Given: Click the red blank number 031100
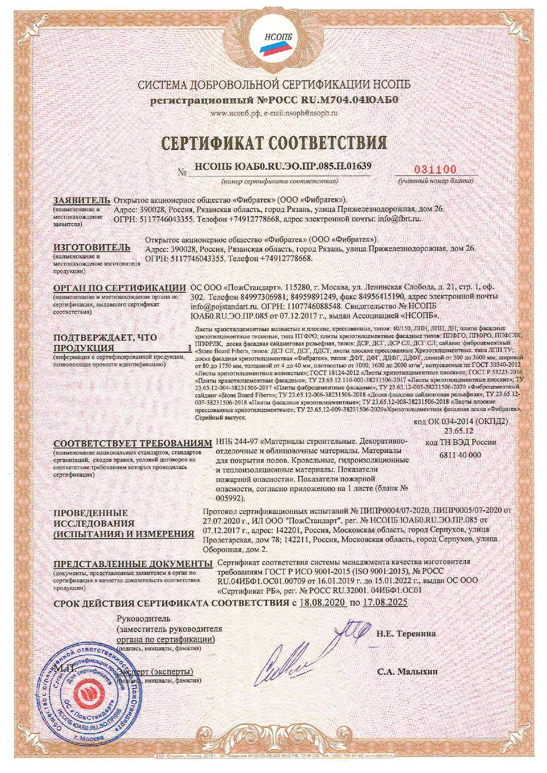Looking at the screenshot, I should [435, 171].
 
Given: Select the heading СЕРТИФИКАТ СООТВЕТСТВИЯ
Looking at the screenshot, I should [273, 142].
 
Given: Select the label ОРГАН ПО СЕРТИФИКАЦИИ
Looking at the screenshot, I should [119, 288].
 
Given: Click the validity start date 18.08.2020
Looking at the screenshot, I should [322, 602].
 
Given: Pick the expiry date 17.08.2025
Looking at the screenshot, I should [384, 602].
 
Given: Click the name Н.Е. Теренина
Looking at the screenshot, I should [406, 634].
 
